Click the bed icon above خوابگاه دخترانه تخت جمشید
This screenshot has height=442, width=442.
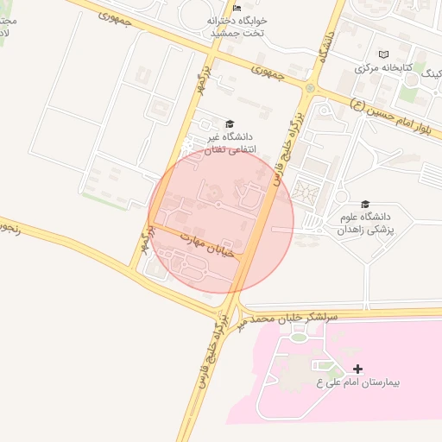pyautogui.click(x=237, y=8)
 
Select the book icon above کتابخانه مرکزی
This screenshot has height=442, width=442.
pyautogui.click(x=384, y=54)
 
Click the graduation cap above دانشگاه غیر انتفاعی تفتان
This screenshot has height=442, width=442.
pyautogui.click(x=229, y=123)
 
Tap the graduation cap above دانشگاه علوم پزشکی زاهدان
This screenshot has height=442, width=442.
pyautogui.click(x=365, y=205)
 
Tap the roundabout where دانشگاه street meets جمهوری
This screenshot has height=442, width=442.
pyautogui.click(x=311, y=86)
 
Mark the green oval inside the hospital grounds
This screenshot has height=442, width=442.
pyautogui.click(x=298, y=337)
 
